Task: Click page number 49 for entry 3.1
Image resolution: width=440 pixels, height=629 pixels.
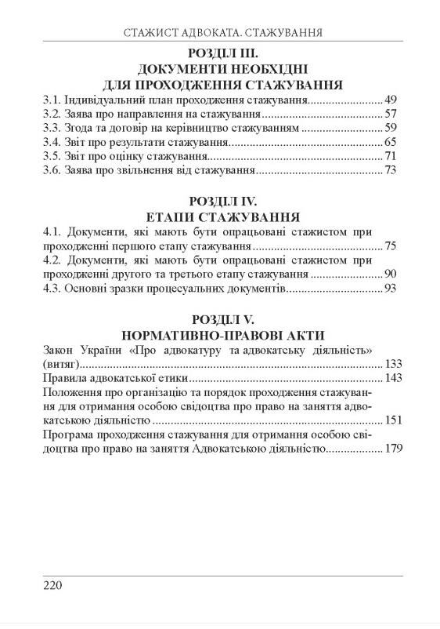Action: [x=391, y=100]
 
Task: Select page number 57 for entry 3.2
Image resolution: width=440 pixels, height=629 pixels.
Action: [x=391, y=115]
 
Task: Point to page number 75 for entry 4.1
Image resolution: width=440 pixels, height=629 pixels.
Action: [x=391, y=247]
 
